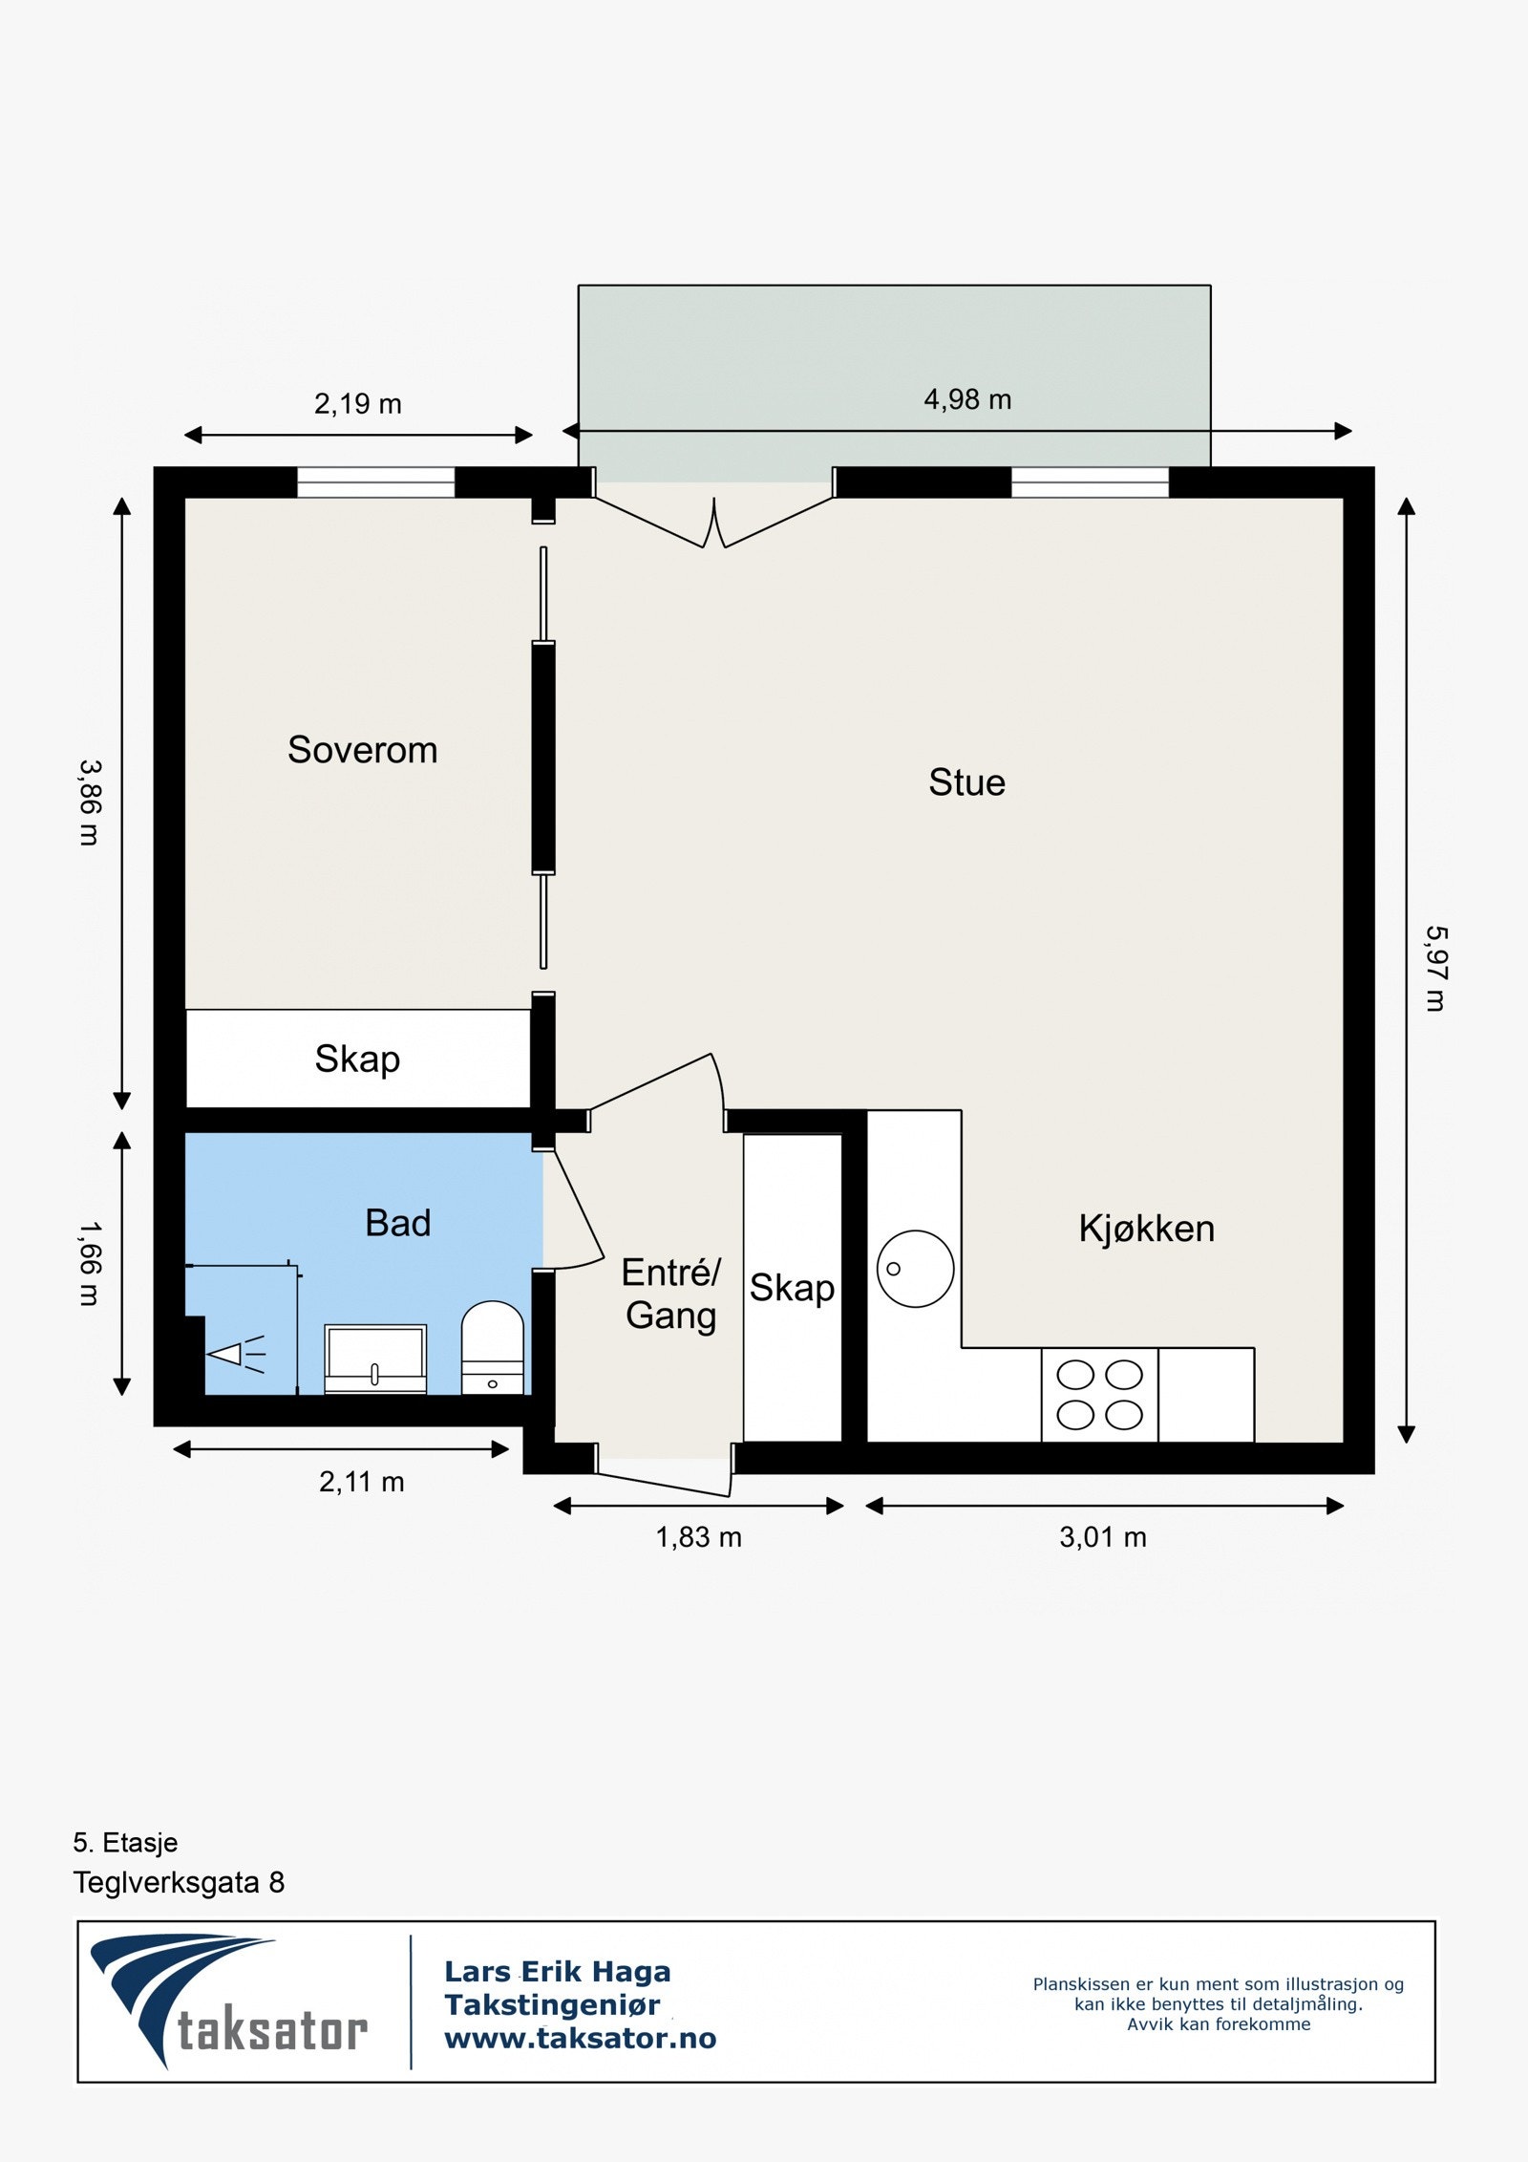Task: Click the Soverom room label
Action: pos(363,750)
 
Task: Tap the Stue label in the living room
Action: pos(966,782)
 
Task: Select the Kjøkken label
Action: pos(1146,1229)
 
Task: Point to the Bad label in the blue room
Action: pos(398,1223)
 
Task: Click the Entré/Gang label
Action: pos(671,1294)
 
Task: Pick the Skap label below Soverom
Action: pos(357,1060)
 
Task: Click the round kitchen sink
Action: pos(915,1269)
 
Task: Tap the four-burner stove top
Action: pos(1099,1394)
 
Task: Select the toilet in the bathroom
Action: pos(493,1347)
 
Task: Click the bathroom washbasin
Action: pos(375,1359)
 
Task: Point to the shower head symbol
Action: pos(235,1355)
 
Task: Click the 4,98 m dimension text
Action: pos(967,399)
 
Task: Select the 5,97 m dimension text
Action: pos(1435,968)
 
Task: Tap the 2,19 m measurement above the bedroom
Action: pos(358,404)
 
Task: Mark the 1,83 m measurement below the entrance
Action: pos(698,1537)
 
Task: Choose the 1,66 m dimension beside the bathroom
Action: pos(90,1263)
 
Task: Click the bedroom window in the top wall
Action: pos(375,482)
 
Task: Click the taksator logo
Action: pos(229,2001)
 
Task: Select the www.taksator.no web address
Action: pos(581,2039)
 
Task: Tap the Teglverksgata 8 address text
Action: pos(179,1883)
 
